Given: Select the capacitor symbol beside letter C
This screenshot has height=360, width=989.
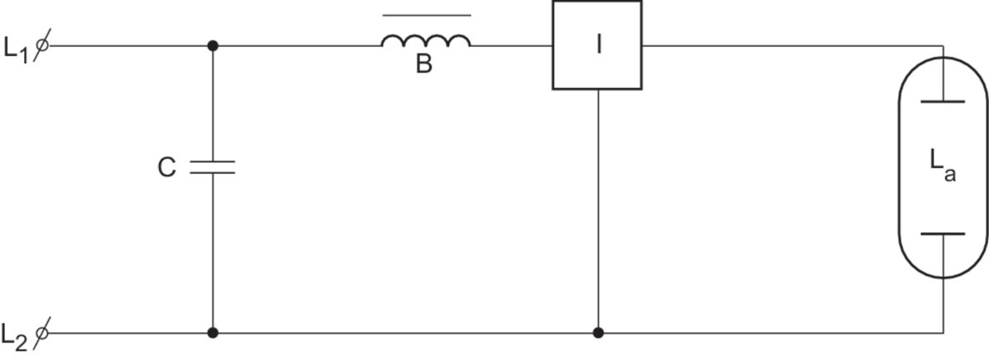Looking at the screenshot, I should [213, 167].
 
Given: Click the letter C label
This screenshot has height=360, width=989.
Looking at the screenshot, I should [167, 168].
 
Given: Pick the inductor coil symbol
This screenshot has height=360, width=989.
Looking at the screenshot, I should [426, 41].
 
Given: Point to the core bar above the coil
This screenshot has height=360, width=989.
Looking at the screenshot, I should [428, 16].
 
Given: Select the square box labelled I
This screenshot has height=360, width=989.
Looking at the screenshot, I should [597, 44].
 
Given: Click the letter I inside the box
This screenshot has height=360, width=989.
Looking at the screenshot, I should [599, 44].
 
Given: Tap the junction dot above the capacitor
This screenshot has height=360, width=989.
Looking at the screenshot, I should [213, 45].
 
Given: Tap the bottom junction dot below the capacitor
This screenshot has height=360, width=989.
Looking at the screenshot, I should [213, 333].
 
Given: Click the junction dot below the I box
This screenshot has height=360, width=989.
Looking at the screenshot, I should [598, 333].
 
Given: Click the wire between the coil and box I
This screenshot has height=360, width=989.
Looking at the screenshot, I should [511, 45].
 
